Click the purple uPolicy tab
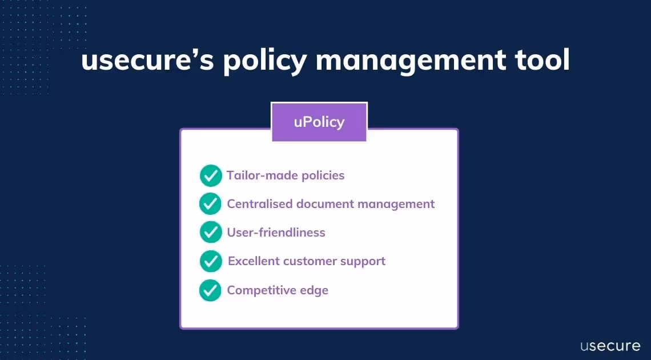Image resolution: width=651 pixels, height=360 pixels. [x=319, y=122]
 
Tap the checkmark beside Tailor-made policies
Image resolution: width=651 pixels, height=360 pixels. [x=211, y=175]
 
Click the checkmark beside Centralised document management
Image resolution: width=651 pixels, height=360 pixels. [x=210, y=204]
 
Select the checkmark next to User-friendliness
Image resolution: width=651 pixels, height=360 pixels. [x=211, y=233]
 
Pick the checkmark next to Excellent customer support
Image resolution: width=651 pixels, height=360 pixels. [x=211, y=262]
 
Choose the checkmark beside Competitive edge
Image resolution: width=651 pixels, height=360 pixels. [x=210, y=290]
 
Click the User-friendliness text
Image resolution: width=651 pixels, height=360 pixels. [x=276, y=233]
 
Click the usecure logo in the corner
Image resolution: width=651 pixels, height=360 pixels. [x=610, y=345]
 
